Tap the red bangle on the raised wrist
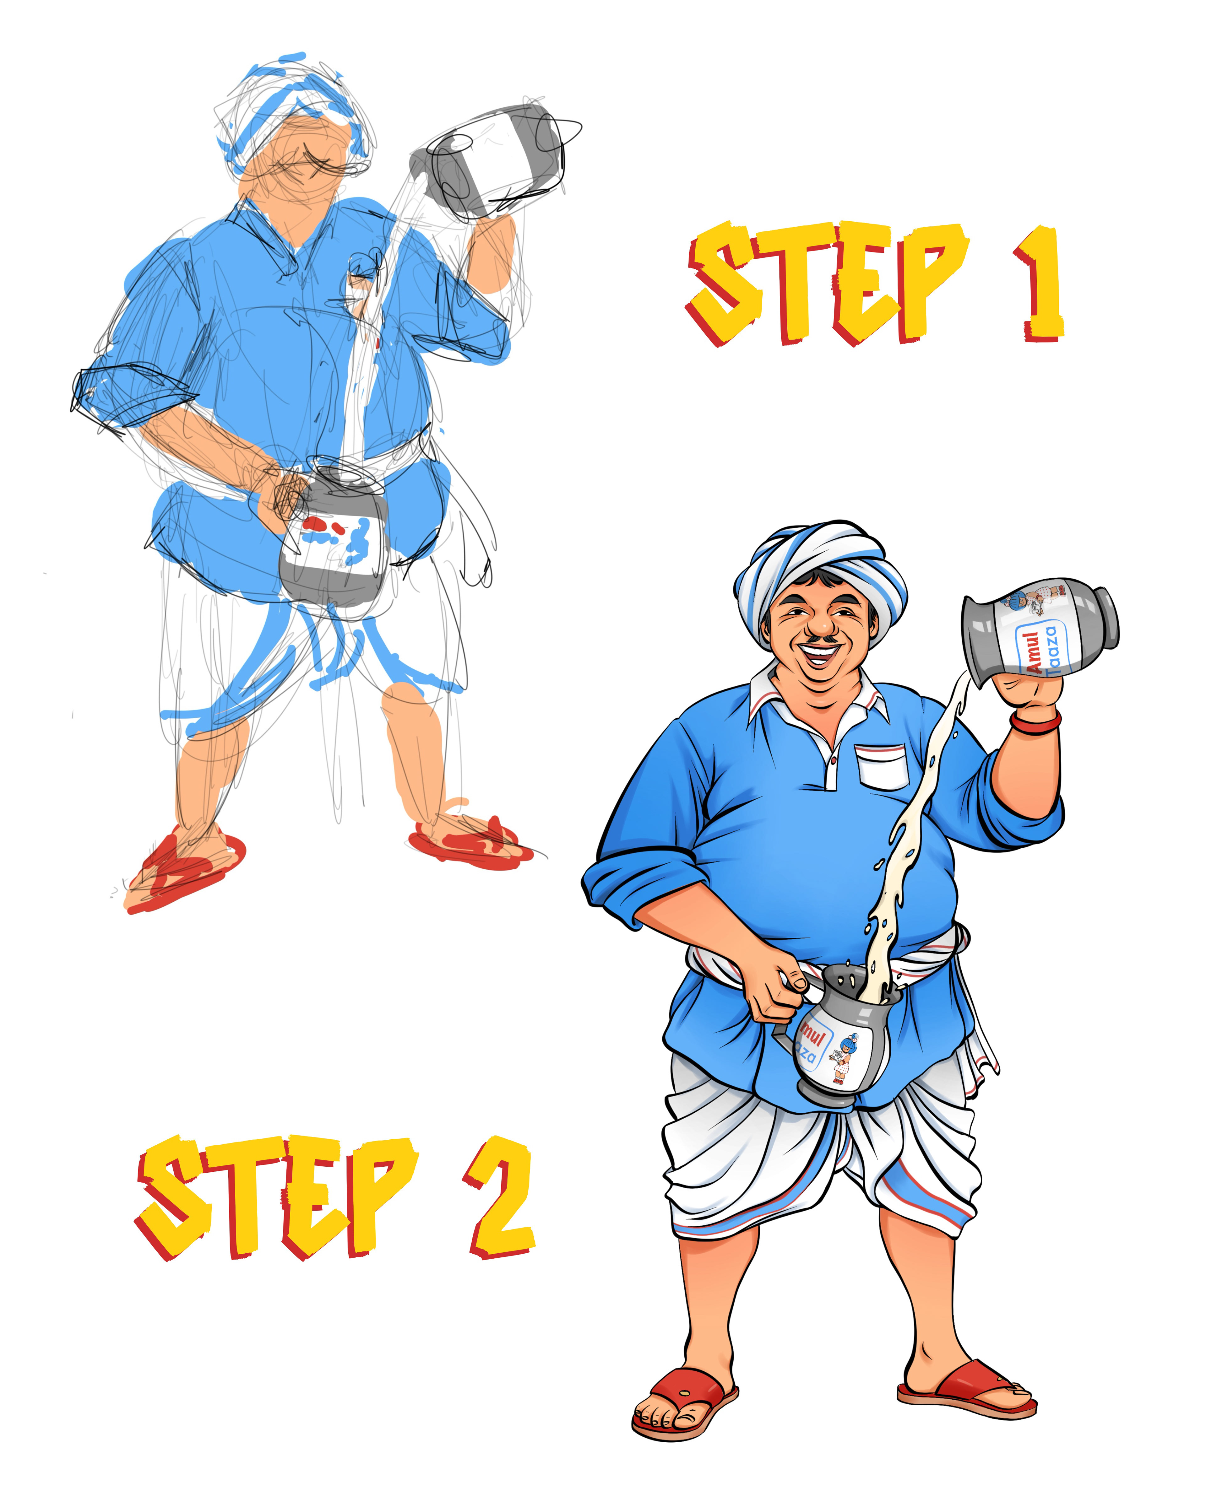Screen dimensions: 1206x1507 click(x=1035, y=721)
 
